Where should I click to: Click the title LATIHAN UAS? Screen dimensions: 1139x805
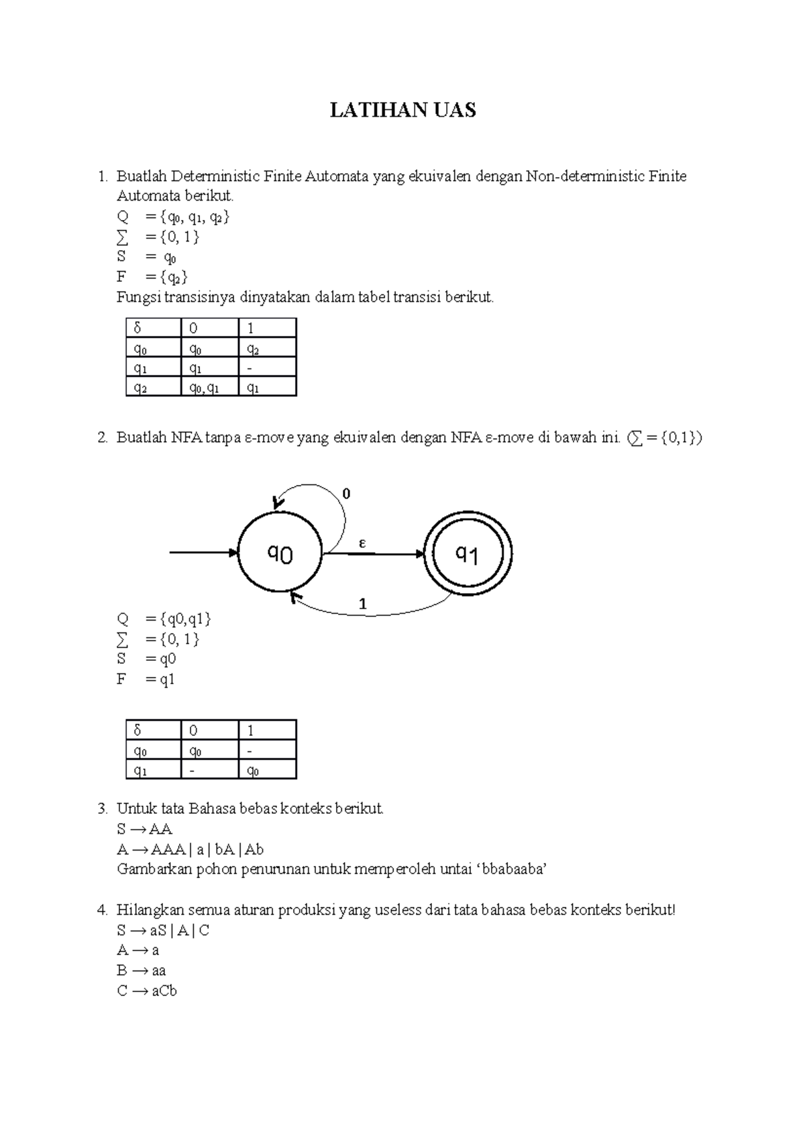coord(402,110)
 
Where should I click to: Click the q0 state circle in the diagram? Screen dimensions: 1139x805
coord(280,554)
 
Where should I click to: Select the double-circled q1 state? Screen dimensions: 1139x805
coord(468,554)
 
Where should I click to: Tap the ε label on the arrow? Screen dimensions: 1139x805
coord(362,543)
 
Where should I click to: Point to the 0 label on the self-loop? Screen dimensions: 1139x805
coord(346,494)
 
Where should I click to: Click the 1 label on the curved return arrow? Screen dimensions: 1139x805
coord(362,604)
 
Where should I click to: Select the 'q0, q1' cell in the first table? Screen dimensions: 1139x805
coord(209,387)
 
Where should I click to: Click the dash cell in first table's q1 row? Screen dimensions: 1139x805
coord(266,368)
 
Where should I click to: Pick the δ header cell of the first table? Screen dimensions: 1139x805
coord(153,328)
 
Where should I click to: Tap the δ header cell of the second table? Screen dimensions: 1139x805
coord(153,730)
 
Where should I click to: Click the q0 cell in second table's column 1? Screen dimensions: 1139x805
coord(266,770)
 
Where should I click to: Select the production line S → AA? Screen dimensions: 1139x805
coord(144,829)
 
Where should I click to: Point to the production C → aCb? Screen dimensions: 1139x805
coord(146,991)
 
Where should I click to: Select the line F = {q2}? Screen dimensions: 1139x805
coord(152,277)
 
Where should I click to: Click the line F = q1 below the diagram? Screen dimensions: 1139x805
coord(146,680)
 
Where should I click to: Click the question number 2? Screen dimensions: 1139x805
coord(102,438)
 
